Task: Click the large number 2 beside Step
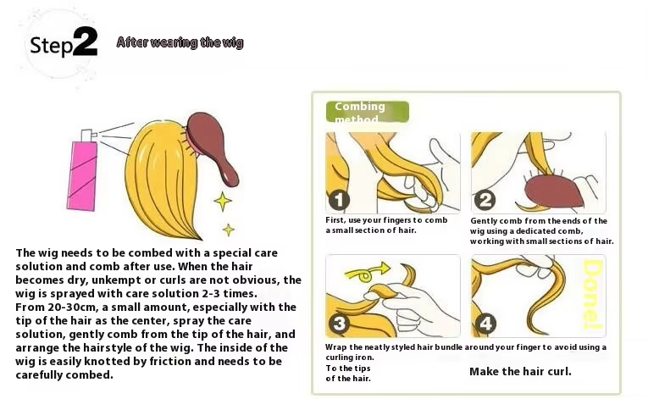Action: (x=86, y=42)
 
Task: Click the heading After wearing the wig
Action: (x=180, y=42)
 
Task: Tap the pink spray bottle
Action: (x=82, y=175)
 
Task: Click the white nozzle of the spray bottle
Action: (x=87, y=136)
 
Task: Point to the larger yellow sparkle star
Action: (x=223, y=202)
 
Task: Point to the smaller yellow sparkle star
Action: (x=229, y=230)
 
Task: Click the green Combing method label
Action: (x=368, y=112)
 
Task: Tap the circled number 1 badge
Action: (x=339, y=200)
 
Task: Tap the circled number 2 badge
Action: (x=485, y=200)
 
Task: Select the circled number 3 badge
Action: (x=340, y=324)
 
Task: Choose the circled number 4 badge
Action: (x=485, y=324)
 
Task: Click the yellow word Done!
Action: (x=593, y=295)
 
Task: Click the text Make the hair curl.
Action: (x=520, y=372)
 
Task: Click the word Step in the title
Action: (x=51, y=46)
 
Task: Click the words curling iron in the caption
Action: (x=349, y=357)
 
